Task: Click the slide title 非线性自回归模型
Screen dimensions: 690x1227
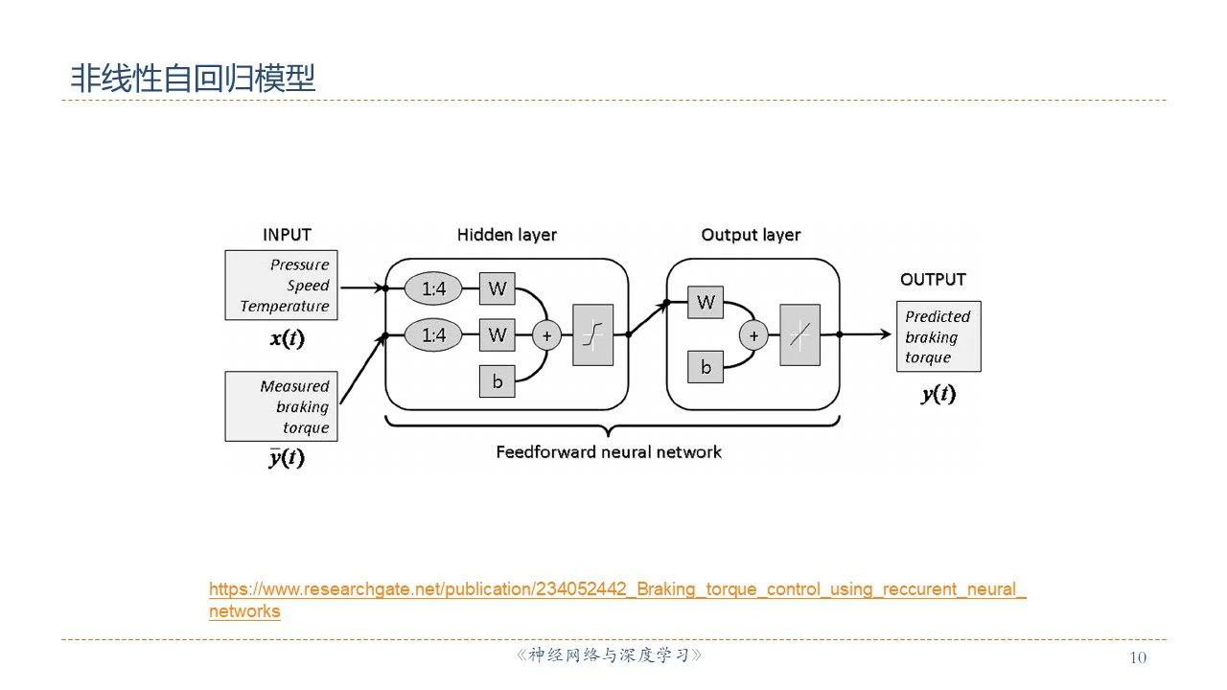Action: coord(193,79)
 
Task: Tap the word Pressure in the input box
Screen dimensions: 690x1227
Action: coord(299,264)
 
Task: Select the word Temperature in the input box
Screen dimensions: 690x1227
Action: coord(285,307)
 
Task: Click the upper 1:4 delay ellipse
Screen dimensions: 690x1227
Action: coord(433,287)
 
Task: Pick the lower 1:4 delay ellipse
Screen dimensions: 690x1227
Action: coord(433,334)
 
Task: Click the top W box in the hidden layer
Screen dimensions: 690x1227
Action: coord(498,287)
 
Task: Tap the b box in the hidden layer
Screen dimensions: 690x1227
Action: coord(498,381)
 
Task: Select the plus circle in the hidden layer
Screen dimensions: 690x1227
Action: coord(547,335)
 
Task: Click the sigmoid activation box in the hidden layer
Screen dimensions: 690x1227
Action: coord(592,334)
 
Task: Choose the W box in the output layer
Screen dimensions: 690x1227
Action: coord(706,303)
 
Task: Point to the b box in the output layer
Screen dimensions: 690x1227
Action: coord(706,366)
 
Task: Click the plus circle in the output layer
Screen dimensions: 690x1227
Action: coord(753,335)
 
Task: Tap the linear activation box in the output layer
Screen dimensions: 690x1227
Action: coord(799,334)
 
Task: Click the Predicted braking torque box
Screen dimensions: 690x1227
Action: coord(938,336)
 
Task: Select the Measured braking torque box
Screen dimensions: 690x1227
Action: coord(282,406)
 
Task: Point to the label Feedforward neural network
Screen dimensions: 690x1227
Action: coord(609,451)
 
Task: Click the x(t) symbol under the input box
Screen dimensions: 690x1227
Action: coord(288,338)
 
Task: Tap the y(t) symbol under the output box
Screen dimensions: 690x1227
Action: coord(938,393)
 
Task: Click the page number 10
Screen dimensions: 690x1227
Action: coord(1138,657)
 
